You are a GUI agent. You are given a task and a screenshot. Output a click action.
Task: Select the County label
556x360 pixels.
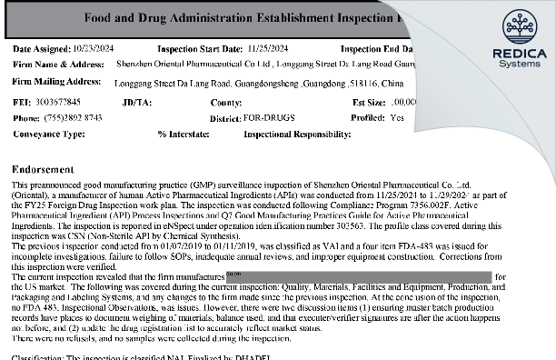226,103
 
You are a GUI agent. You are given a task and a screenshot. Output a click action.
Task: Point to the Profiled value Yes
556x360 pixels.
397,117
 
